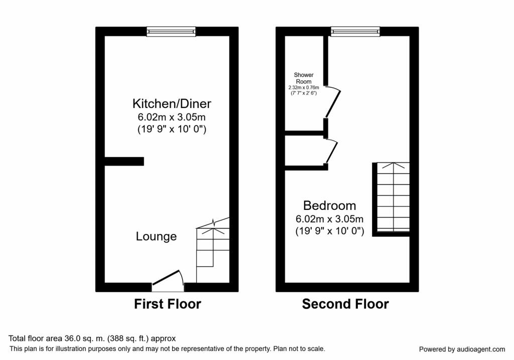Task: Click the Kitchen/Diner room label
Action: click(x=172, y=104)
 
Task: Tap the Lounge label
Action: click(x=156, y=236)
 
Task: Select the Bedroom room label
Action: click(x=329, y=206)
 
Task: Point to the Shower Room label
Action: click(x=304, y=78)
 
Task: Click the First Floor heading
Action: click(x=167, y=304)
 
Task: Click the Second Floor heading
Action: click(x=345, y=304)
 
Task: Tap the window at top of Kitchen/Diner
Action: click(x=171, y=32)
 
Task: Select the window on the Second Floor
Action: click(x=355, y=32)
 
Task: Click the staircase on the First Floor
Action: click(x=212, y=249)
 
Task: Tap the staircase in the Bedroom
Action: click(x=393, y=198)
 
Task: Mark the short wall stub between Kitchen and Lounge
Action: click(x=124, y=161)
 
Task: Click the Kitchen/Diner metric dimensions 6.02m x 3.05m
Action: click(x=172, y=117)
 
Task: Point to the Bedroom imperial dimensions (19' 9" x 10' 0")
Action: click(x=329, y=231)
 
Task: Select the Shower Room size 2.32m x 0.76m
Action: click(x=304, y=87)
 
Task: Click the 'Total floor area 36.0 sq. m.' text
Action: click(x=92, y=339)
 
